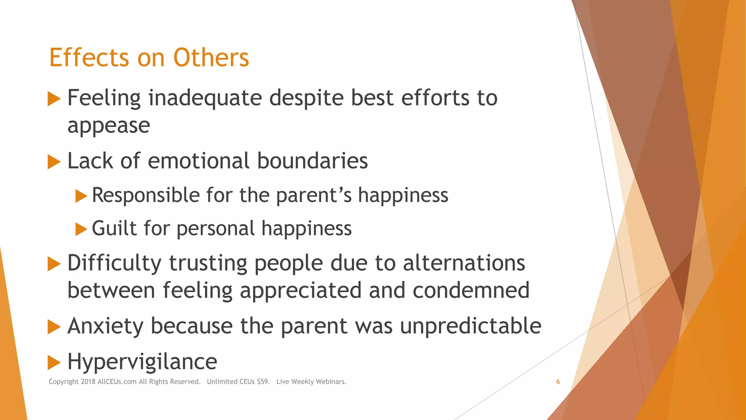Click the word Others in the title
pos(211,58)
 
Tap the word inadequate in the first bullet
pos(205,98)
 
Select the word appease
pos(109,126)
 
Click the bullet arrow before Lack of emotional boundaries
pos(54,162)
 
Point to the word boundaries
pos(312,161)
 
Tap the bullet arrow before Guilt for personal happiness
pos(81,229)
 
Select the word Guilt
pos(114,228)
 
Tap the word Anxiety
pos(106,326)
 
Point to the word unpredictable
pos(471,326)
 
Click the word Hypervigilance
pos(142,362)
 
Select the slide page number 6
pos(558,382)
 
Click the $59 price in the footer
pos(263,382)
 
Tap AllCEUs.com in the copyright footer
pos(117,382)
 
